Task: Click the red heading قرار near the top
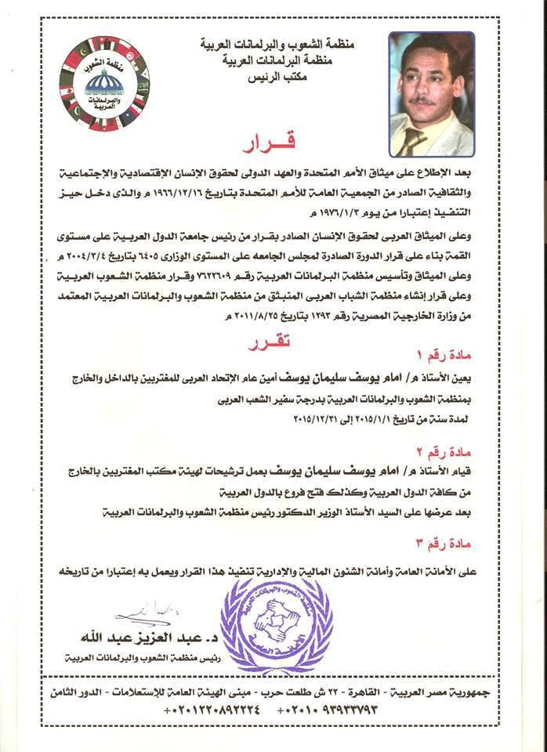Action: tap(272, 147)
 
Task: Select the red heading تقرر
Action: tap(270, 343)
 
